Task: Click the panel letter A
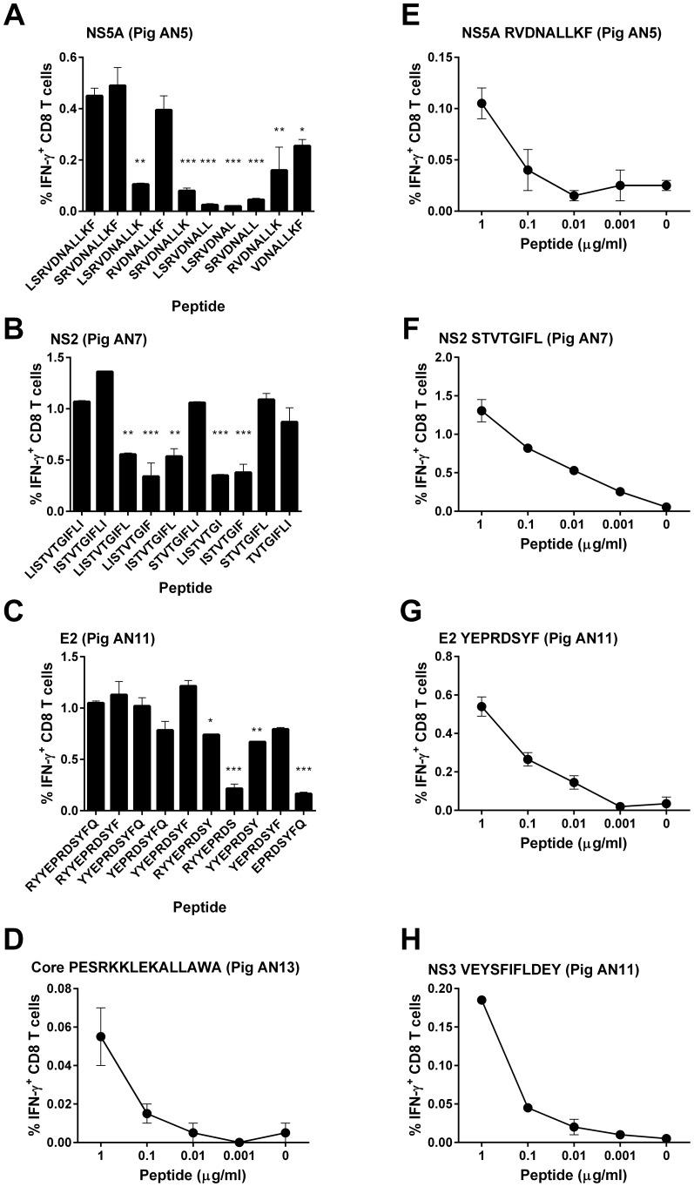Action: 15,17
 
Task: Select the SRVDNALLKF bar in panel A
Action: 117,148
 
